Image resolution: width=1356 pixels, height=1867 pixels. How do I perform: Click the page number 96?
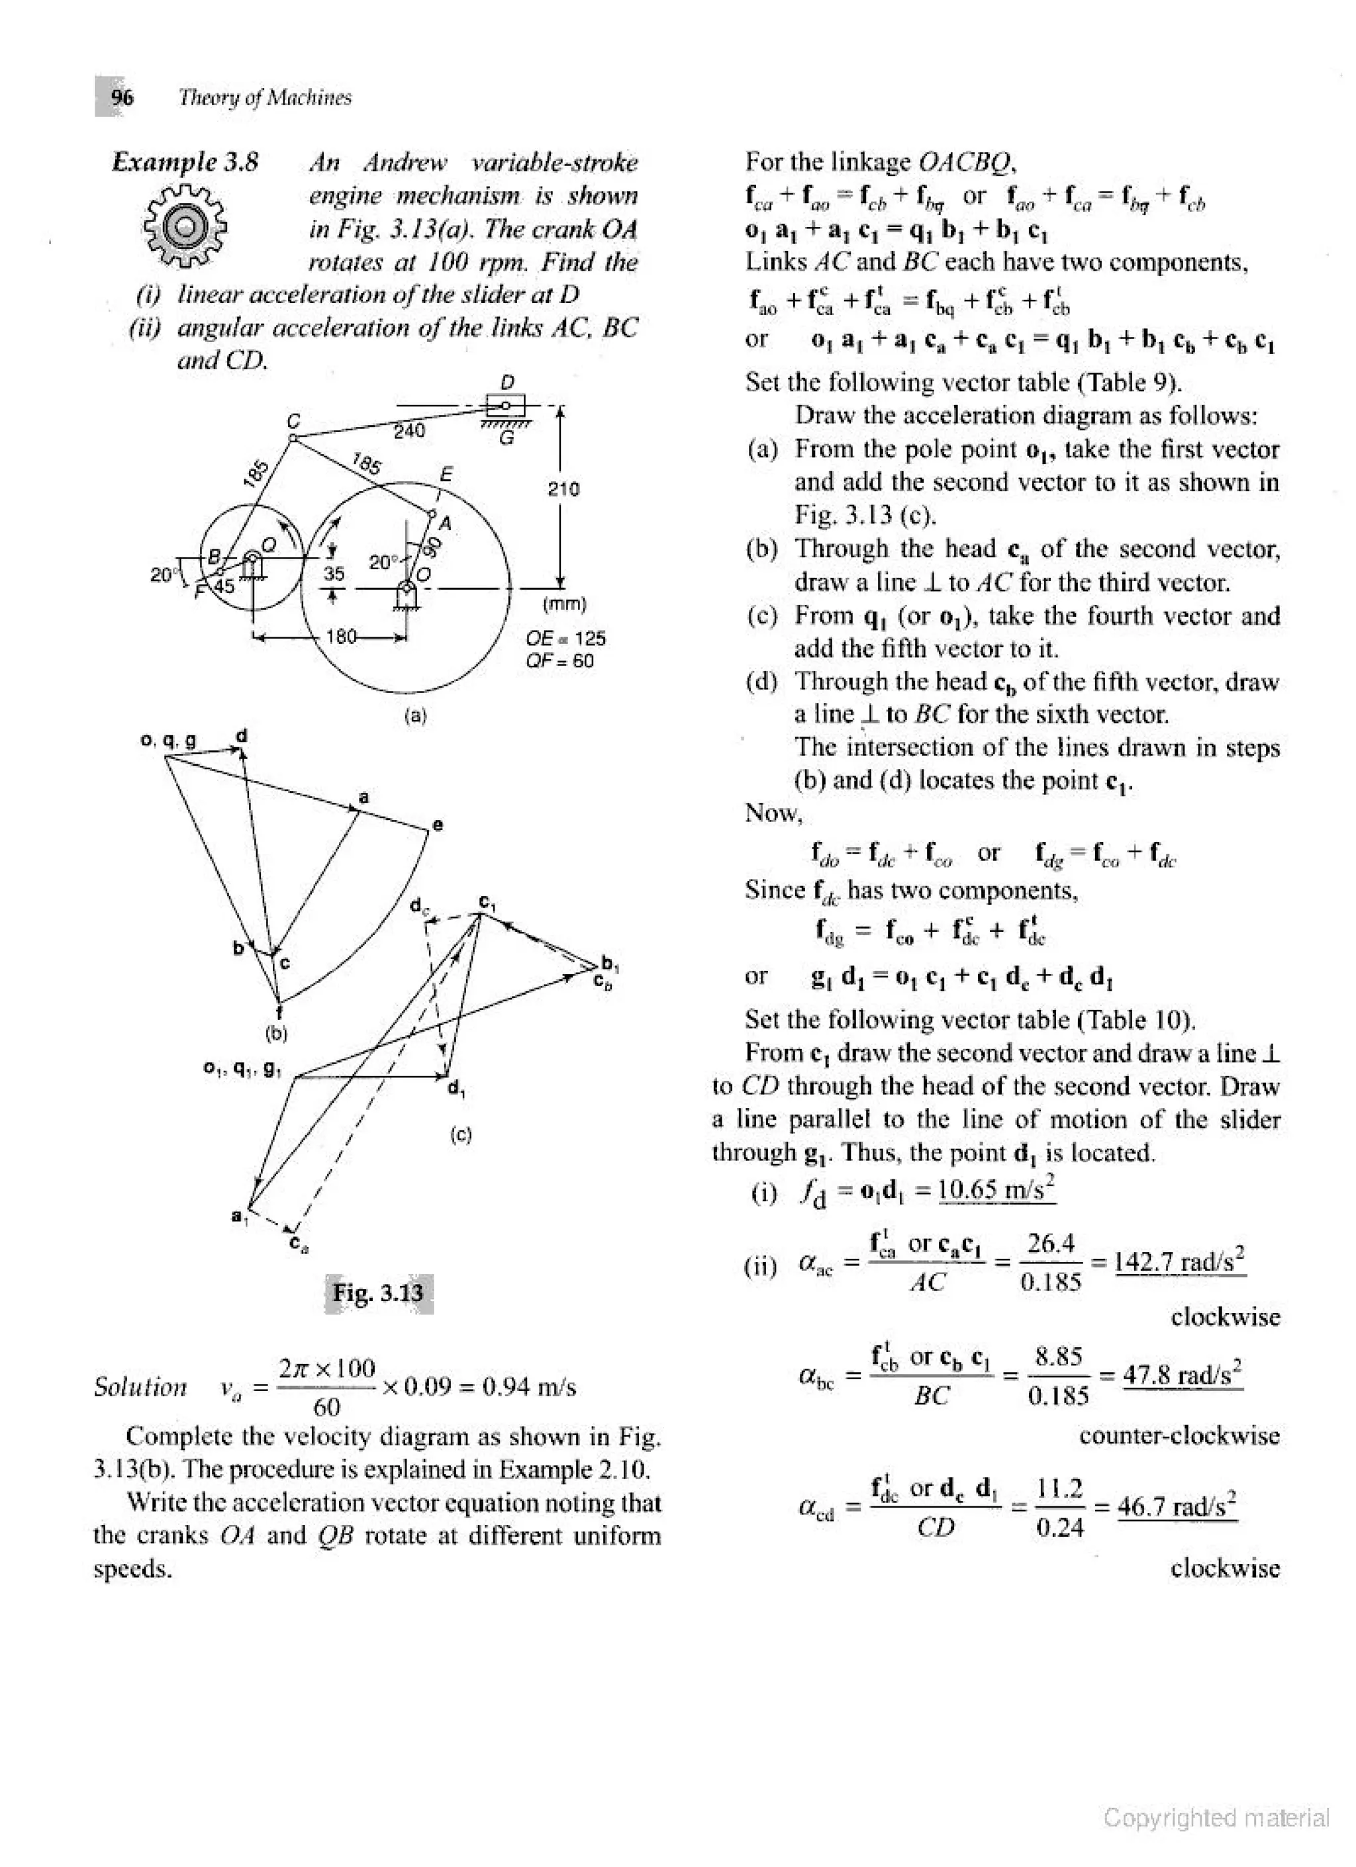pyautogui.click(x=122, y=97)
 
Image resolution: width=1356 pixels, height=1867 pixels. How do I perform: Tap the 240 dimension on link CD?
pyautogui.click(x=409, y=431)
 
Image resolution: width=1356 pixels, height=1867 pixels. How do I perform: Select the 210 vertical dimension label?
pyautogui.click(x=564, y=489)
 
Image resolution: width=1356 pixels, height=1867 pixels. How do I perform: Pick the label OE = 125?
pyautogui.click(x=565, y=638)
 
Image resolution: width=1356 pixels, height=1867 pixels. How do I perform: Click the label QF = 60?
pyautogui.click(x=560, y=660)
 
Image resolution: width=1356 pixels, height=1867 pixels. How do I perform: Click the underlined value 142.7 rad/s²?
pyautogui.click(x=1180, y=1261)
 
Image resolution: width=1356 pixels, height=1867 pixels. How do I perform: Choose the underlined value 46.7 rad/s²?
pyautogui.click(x=1177, y=1506)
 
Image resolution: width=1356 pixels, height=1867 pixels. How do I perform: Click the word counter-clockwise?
pyautogui.click(x=1179, y=1435)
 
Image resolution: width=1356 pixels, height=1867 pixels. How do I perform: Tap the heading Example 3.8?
pyautogui.click(x=185, y=162)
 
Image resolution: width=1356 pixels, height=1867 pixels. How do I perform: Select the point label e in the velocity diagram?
pyautogui.click(x=438, y=824)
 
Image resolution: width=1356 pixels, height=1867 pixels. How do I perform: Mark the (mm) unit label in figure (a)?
pyautogui.click(x=565, y=604)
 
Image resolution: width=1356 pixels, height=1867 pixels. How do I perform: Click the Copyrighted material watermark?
pyautogui.click(x=1216, y=1817)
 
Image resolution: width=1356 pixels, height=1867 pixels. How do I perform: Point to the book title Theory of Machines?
pyautogui.click(x=265, y=97)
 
